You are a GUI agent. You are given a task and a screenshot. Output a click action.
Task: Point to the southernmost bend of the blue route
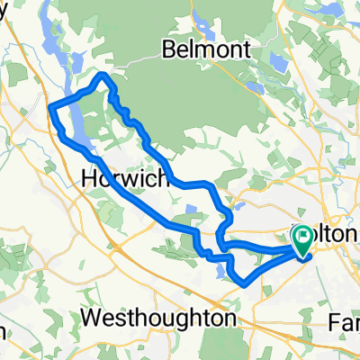[243, 284]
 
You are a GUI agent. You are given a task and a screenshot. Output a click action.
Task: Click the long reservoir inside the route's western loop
[76, 126]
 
